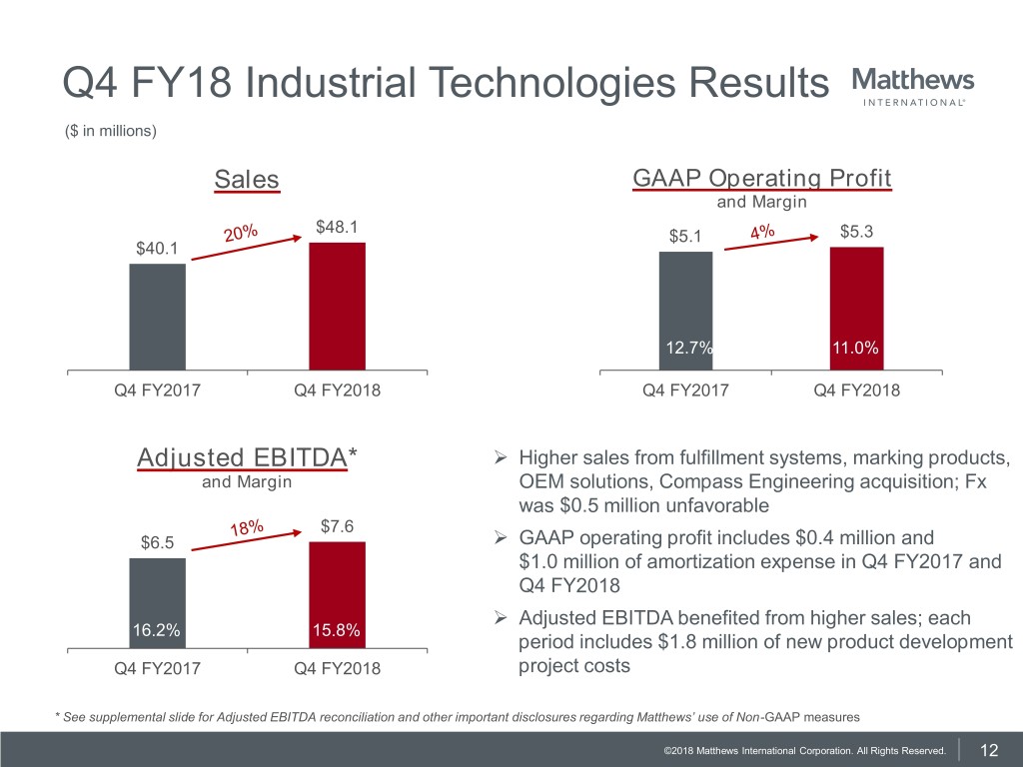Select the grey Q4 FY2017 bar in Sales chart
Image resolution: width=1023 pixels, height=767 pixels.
tap(157, 317)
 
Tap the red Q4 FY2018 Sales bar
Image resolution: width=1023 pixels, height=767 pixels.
tap(337, 307)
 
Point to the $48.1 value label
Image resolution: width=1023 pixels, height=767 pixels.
tap(336, 228)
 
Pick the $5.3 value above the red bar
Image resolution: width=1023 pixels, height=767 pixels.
tap(858, 233)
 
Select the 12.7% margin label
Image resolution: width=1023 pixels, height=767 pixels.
tap(686, 348)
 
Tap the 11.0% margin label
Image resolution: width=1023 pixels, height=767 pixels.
tap(856, 348)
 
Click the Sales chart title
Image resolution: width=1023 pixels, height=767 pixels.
tap(247, 180)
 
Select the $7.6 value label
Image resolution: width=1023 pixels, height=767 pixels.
tap(339, 527)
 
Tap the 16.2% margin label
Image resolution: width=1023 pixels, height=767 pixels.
tap(156, 631)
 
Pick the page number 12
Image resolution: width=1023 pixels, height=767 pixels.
tap(990, 750)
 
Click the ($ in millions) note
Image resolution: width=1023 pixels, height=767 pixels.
tap(110, 131)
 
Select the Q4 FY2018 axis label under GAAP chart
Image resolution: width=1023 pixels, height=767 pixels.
tap(856, 390)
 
